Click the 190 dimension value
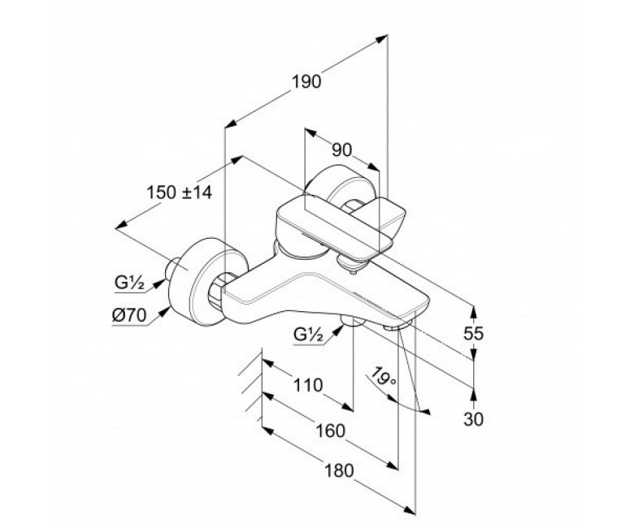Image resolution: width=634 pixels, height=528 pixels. click(307, 82)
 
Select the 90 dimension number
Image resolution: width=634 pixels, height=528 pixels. click(341, 150)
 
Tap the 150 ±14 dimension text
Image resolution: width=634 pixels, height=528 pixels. click(179, 193)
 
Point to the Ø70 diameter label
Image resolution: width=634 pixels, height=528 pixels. click(129, 315)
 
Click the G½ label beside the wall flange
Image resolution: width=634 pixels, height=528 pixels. click(129, 283)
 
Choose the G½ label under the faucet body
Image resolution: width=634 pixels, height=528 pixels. click(310, 335)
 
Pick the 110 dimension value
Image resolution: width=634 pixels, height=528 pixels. click(308, 385)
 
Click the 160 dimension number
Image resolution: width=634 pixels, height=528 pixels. click(330, 431)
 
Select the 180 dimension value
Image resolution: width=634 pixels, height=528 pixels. click(339, 471)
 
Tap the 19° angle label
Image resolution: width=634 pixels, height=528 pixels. click(383, 376)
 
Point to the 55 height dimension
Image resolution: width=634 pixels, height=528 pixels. click(474, 334)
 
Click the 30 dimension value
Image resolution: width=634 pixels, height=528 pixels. click(474, 420)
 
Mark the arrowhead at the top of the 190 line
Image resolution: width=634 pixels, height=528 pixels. click(382, 39)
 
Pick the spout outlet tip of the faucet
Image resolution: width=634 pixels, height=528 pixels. click(398, 325)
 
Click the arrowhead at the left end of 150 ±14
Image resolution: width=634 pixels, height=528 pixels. click(121, 226)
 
